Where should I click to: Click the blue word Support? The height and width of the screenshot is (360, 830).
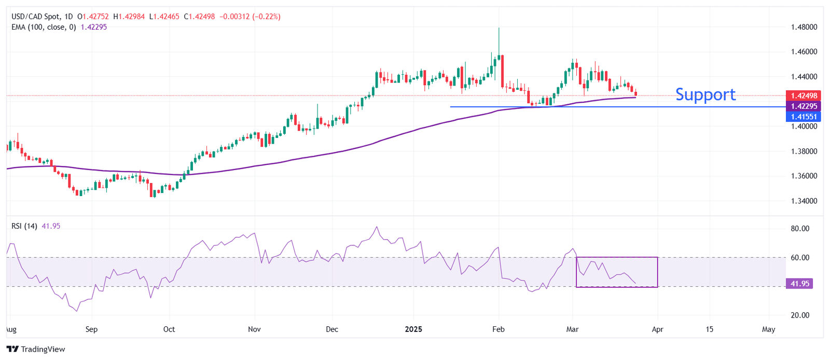click(705, 94)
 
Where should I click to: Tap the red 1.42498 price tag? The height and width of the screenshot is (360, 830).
click(804, 95)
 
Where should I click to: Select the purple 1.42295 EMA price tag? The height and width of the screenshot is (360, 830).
click(804, 106)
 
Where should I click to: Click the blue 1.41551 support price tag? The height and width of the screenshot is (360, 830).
click(804, 117)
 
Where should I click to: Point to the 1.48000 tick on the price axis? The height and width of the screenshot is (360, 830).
click(804, 27)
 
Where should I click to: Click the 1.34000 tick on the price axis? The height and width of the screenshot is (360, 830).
click(804, 201)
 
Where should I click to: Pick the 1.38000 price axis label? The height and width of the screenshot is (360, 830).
click(804, 151)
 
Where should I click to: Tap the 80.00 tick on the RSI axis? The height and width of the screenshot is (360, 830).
click(800, 228)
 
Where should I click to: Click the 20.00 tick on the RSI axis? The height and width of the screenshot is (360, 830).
click(800, 315)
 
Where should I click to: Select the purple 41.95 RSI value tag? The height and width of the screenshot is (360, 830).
click(799, 284)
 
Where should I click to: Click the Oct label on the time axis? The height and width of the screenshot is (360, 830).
click(169, 329)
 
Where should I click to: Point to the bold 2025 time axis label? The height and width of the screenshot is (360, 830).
click(413, 329)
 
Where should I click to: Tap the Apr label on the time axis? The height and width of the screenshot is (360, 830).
click(657, 329)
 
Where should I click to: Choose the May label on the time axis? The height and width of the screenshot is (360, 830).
click(768, 329)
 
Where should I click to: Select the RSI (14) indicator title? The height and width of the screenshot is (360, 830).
click(24, 226)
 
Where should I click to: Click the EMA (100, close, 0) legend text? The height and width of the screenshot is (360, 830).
click(44, 27)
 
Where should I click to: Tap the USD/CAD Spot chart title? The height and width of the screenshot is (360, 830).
click(35, 17)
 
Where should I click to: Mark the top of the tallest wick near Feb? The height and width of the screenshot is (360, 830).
click(499, 28)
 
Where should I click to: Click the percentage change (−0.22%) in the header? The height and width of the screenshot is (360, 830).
click(266, 17)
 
